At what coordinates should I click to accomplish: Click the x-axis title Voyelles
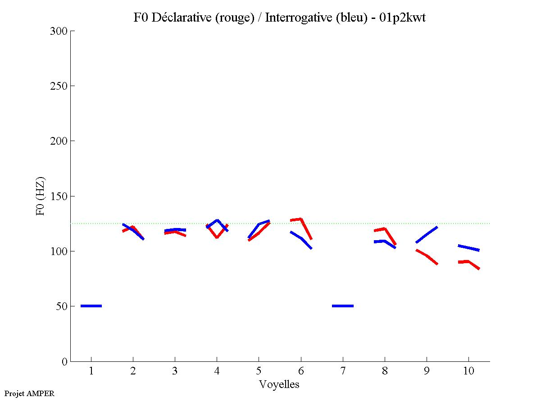coord(279,384)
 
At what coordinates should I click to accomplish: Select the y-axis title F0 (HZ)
coord(41,196)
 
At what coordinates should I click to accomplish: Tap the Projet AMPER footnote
coord(29,393)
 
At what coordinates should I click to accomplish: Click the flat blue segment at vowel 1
coord(91,306)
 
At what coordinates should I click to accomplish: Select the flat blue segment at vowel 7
coord(343,306)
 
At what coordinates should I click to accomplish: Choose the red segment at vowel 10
coord(468,262)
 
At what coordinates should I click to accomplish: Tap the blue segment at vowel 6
coord(301,238)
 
